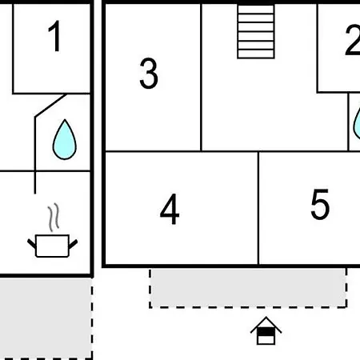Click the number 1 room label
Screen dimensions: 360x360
click(x=54, y=36)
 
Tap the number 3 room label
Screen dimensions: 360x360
click(x=149, y=74)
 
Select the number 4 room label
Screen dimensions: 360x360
click(x=170, y=209)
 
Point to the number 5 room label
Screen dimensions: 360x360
click(x=320, y=204)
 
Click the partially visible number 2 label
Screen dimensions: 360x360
click(x=353, y=40)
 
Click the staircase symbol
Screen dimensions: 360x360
click(x=256, y=31)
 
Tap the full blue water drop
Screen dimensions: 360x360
click(x=65, y=139)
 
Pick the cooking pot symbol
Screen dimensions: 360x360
click(x=53, y=246)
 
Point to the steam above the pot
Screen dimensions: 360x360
click(x=54, y=217)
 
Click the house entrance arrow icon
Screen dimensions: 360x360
click(x=266, y=331)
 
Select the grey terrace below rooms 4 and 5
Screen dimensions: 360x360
click(x=248, y=288)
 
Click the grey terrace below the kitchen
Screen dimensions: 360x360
click(x=46, y=318)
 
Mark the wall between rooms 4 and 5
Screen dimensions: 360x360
click(x=258, y=208)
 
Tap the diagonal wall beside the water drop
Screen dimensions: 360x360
click(x=51, y=106)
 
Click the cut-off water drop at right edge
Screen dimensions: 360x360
click(x=357, y=123)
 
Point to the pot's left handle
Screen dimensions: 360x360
click(x=32, y=243)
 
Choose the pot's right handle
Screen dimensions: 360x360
click(x=74, y=244)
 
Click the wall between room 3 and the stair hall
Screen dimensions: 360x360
click(x=201, y=78)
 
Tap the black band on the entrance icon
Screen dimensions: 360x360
click(x=266, y=332)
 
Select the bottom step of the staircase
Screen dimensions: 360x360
click(x=256, y=54)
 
